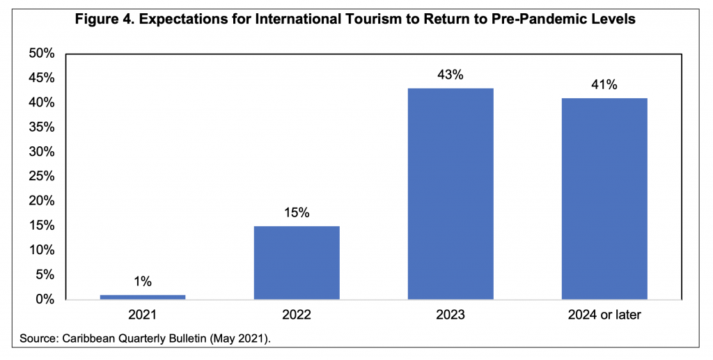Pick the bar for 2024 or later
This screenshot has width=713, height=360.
tap(604, 198)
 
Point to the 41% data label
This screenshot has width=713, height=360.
tap(604, 85)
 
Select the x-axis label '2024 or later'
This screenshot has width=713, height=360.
tap(604, 315)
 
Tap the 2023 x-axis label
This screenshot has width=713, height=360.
tap(450, 315)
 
